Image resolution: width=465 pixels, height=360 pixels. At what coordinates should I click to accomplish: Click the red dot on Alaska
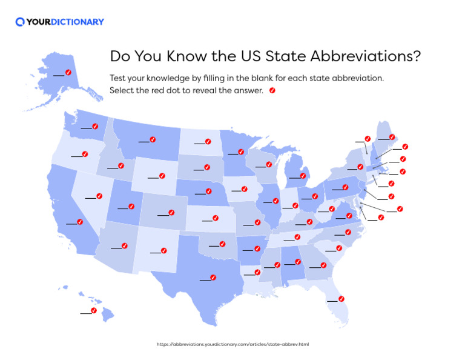[x=68, y=72]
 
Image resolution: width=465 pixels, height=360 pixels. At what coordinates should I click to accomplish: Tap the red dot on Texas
[x=214, y=277]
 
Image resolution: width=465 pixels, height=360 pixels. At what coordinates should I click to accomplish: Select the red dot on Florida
[x=341, y=298]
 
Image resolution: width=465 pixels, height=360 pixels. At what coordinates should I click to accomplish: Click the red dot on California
[x=79, y=221]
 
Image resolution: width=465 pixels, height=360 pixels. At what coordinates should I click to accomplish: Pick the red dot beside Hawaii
[x=94, y=310]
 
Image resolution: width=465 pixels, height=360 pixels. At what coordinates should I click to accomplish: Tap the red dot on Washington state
[x=96, y=125]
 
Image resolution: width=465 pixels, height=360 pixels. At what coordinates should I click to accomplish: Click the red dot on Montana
[x=153, y=139]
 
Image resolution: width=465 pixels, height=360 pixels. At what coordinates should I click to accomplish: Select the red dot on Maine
[x=392, y=137]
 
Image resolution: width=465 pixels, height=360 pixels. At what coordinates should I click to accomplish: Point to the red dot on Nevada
[x=99, y=196]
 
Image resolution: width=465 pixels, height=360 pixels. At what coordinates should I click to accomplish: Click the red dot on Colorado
[x=171, y=213]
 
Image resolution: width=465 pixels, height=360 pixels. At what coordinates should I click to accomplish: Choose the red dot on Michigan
[x=303, y=176]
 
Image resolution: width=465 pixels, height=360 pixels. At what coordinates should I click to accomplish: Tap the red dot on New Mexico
[x=163, y=250]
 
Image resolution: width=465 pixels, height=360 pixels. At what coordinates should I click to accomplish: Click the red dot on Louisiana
[x=257, y=272]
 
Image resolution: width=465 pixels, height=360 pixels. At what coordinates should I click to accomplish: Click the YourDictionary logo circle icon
[x=20, y=22]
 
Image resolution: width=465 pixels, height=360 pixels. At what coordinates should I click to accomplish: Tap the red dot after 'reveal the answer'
[x=272, y=90]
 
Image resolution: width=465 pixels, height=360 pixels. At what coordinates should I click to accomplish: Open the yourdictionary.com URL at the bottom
[x=232, y=344]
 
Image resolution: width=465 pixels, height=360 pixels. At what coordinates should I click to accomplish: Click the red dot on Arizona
[x=124, y=246]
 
